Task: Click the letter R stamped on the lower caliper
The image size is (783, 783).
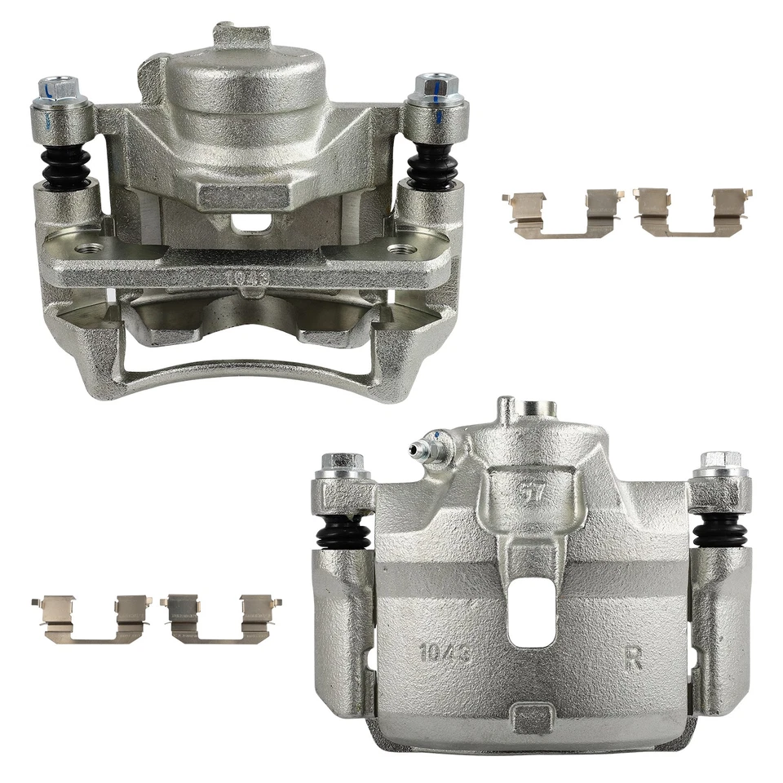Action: point(633,657)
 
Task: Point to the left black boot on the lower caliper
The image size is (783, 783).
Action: point(343,533)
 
